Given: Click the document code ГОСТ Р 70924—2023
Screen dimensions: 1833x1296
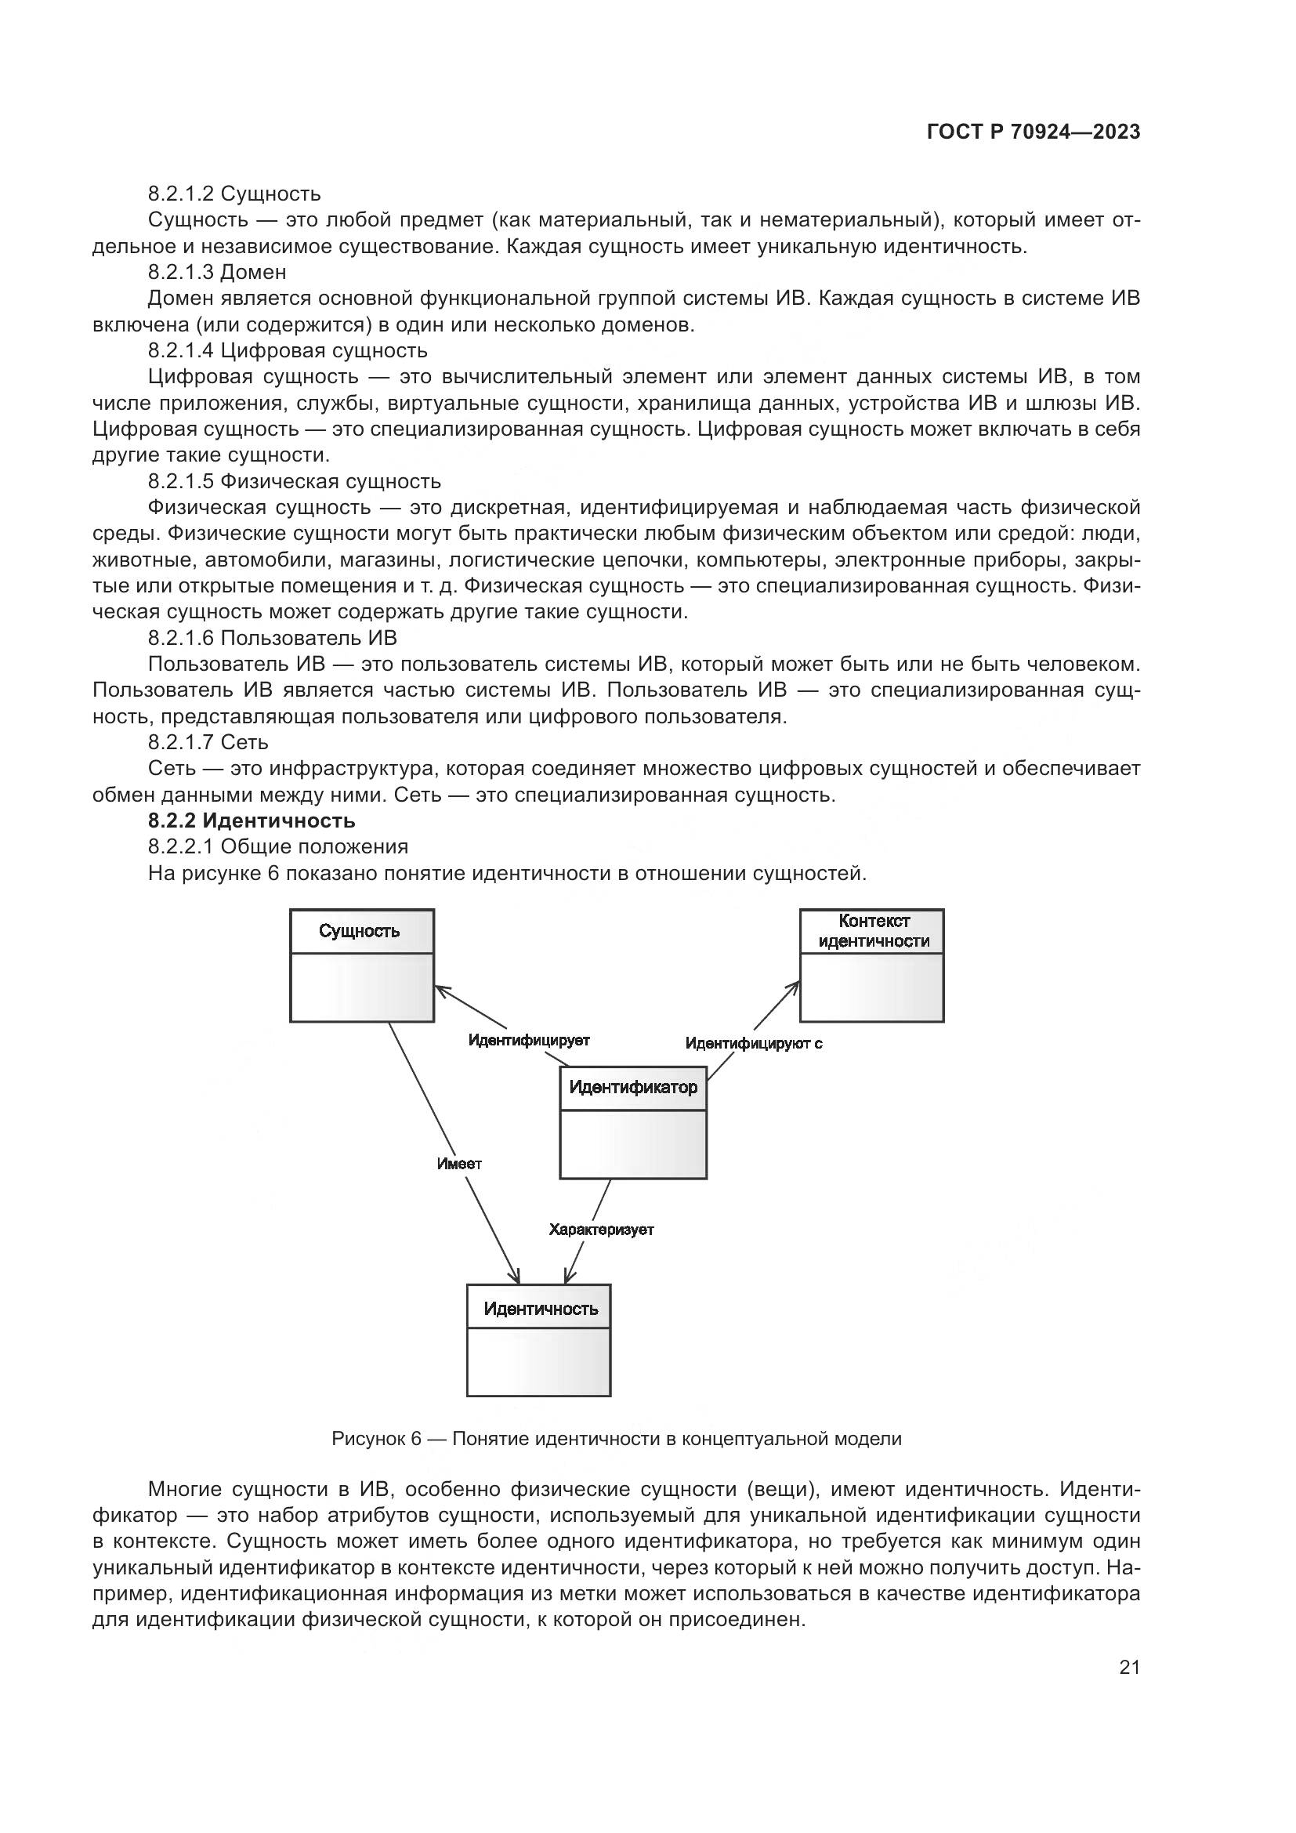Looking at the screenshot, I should [x=1034, y=132].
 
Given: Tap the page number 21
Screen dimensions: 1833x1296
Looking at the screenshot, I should [x=1129, y=1667].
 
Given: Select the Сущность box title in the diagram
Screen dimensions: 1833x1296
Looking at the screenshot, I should [x=359, y=931].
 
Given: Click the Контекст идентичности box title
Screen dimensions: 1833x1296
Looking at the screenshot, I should [x=873, y=931].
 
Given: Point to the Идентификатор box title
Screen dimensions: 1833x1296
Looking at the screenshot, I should [x=633, y=1088].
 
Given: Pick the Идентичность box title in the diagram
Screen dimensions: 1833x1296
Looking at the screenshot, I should [x=541, y=1310].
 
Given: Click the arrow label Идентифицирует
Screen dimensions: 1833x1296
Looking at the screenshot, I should [x=528, y=1040].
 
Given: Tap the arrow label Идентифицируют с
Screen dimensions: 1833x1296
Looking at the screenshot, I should [x=753, y=1042].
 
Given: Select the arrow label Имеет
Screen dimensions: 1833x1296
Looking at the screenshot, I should [x=459, y=1164].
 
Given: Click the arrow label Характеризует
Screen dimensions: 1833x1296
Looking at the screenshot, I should [x=601, y=1230].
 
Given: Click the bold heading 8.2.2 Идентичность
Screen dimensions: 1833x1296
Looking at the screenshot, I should [x=252, y=821].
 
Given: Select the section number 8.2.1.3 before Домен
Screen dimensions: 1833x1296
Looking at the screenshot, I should [x=180, y=272].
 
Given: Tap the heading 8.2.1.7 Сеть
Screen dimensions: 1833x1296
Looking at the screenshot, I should [x=208, y=742].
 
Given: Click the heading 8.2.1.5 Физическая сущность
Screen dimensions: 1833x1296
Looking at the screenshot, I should [x=294, y=481].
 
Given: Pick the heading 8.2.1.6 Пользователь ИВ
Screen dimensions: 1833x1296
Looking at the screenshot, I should [x=272, y=638].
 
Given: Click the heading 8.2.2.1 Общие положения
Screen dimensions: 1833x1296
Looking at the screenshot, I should [x=277, y=846].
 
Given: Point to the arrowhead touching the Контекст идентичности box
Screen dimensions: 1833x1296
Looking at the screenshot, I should [x=795, y=987].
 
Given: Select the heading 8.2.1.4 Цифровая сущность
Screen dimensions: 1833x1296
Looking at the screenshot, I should [x=288, y=350].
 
